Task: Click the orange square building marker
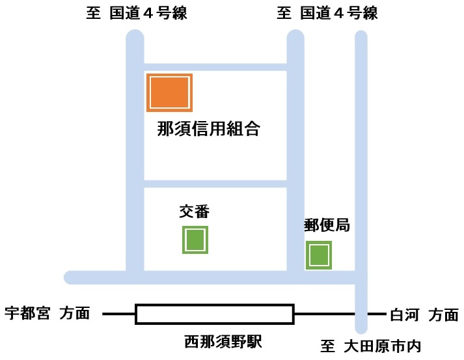[170, 92]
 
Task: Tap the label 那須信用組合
[209, 129]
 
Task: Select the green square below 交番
[195, 240]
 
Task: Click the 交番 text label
[195, 212]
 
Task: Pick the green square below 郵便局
[319, 255]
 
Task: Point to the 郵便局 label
[327, 225]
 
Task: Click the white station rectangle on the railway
[215, 314]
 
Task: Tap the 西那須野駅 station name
[223, 341]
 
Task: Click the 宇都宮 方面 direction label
[48, 313]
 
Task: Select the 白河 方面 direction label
[424, 314]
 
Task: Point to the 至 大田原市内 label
[370, 346]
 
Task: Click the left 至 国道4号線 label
[137, 13]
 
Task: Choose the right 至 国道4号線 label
[327, 13]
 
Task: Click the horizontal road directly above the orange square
[215, 67]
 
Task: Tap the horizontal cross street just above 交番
[215, 184]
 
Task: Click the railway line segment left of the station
[118, 314]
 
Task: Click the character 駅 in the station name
[254, 341]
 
